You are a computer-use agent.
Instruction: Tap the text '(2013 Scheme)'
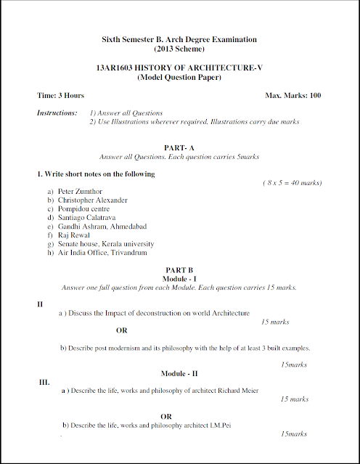(x=179, y=49)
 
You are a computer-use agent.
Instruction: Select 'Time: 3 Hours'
(x=60, y=95)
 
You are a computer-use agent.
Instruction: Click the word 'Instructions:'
(x=57, y=113)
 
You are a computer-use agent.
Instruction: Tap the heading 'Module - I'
(x=179, y=278)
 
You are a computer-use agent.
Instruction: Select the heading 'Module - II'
(x=179, y=373)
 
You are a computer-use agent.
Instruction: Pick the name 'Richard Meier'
(x=236, y=390)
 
